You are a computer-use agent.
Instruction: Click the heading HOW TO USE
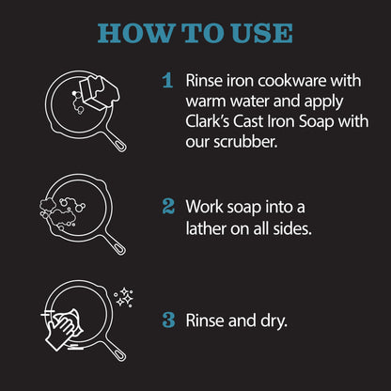(195, 33)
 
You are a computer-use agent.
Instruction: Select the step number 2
(167, 205)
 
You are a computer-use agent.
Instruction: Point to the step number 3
(168, 319)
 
